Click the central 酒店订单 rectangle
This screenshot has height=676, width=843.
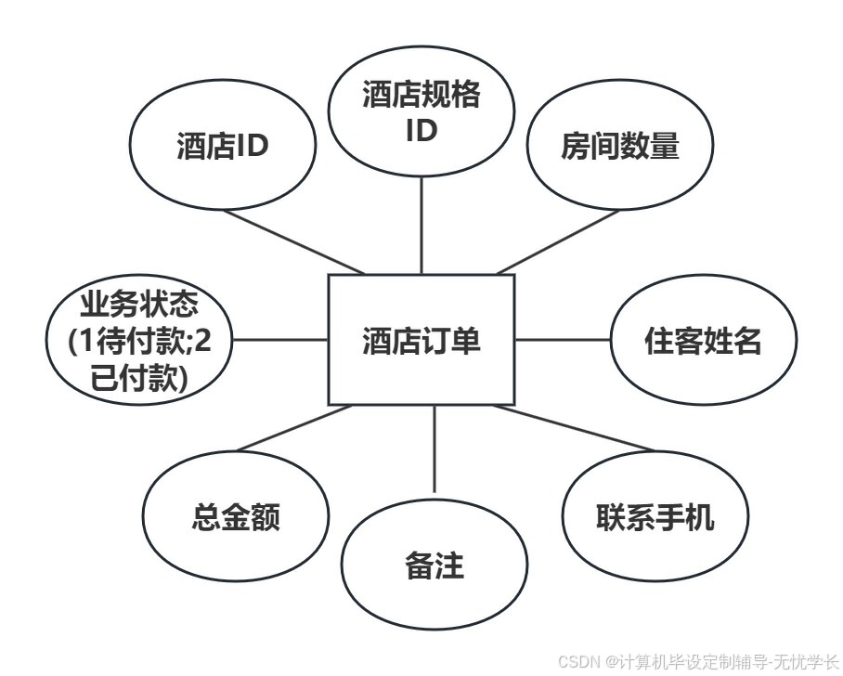click(x=421, y=340)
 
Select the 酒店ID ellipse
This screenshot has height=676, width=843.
click(x=222, y=147)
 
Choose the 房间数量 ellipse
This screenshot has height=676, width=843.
click(x=619, y=147)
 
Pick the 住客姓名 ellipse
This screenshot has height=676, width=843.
click(x=703, y=341)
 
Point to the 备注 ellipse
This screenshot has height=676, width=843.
click(x=434, y=565)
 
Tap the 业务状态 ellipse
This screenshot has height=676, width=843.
click(x=140, y=341)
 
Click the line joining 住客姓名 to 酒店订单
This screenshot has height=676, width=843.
click(x=563, y=340)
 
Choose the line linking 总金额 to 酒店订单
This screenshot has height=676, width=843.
click(x=294, y=428)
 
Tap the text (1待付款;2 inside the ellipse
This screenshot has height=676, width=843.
click(x=140, y=341)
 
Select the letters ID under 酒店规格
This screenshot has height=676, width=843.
click(x=421, y=130)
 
